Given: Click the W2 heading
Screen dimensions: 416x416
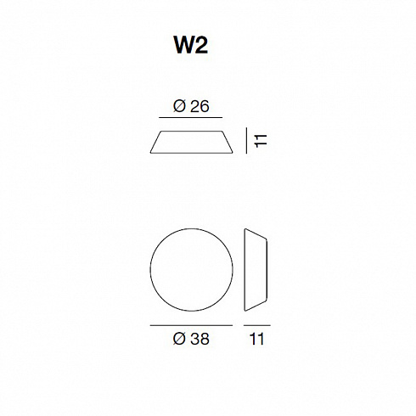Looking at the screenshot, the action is click(x=191, y=45).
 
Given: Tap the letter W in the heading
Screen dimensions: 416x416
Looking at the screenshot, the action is click(x=184, y=45).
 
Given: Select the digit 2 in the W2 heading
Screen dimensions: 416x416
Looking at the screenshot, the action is click(x=202, y=45).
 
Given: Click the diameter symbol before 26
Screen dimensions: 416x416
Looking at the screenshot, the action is click(x=179, y=106).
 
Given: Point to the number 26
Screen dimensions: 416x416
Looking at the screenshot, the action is click(x=200, y=107).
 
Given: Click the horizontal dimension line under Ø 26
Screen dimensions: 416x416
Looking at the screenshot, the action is click(x=190, y=117).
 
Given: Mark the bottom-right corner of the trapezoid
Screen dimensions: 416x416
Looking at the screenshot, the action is click(x=233, y=153).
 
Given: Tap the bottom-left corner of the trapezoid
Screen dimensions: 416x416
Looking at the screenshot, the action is click(x=150, y=153).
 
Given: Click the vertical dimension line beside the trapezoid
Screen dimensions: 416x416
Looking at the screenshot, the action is click(x=246, y=140).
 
